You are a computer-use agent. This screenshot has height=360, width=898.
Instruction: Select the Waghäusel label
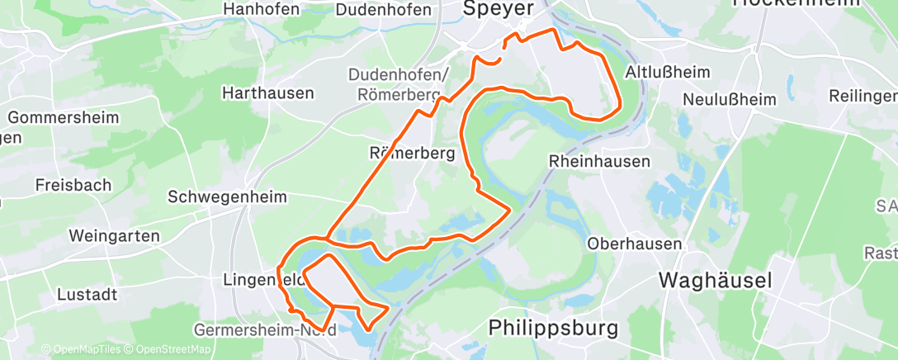pos(716,281)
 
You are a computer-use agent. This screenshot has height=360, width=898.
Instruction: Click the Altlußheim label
pos(668,72)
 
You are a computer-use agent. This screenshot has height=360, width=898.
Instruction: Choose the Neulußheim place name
pos(730,100)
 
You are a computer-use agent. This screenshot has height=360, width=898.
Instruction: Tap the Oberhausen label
pos(635,244)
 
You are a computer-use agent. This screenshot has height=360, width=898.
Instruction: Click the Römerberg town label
pos(411,152)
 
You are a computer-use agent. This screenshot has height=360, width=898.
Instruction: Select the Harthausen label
pos(268,93)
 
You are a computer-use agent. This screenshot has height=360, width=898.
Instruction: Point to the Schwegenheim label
pos(227,197)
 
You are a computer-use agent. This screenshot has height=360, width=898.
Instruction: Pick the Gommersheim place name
pos(63,117)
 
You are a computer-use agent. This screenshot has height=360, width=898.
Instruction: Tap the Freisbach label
pos(73,185)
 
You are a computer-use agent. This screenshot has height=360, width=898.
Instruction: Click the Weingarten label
pos(114,236)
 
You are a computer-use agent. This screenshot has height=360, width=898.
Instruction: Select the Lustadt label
pos(87,295)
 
